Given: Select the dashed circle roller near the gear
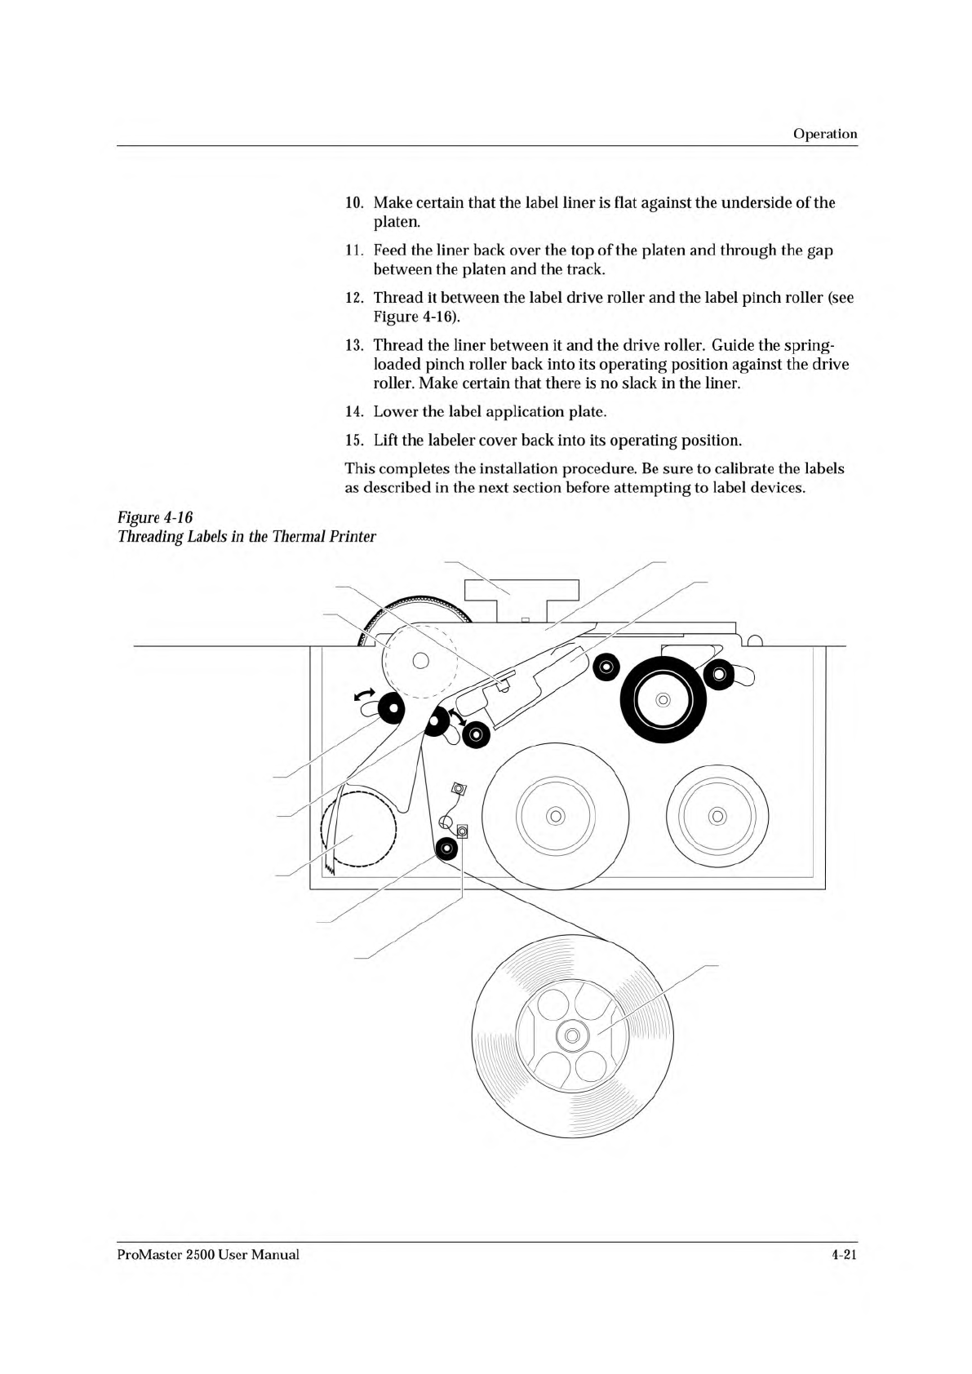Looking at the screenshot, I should click(419, 660).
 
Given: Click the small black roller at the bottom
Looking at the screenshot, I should click(446, 850).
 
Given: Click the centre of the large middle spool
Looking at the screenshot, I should click(556, 816).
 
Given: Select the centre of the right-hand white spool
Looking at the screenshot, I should click(717, 816).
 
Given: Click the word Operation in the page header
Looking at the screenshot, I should click(825, 134).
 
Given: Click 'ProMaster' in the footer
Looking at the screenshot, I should click(146, 1254).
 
